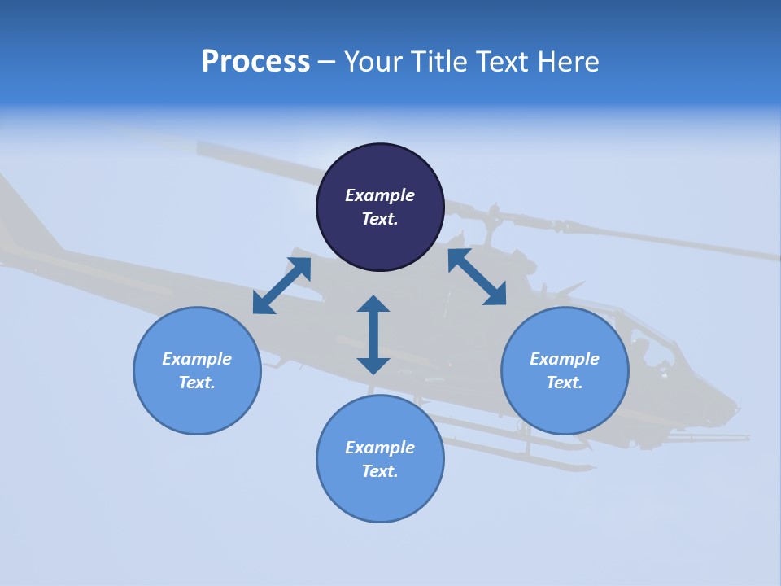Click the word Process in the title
(x=255, y=62)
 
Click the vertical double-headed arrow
(x=373, y=335)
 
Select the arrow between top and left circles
(x=281, y=286)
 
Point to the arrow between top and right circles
(x=477, y=277)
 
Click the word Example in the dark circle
(x=380, y=195)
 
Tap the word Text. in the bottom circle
(x=380, y=471)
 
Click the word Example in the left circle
(x=197, y=359)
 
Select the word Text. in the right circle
(x=565, y=383)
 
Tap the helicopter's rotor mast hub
(x=491, y=220)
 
